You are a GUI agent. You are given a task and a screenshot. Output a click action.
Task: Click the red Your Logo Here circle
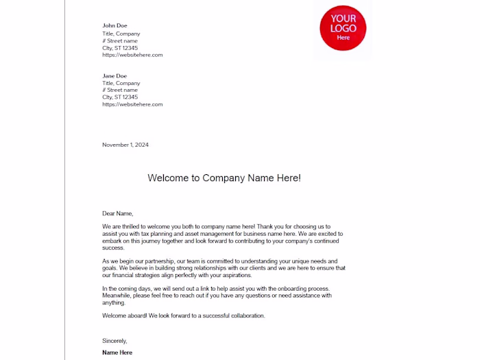[x=343, y=28]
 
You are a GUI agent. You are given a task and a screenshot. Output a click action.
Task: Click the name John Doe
[x=115, y=26]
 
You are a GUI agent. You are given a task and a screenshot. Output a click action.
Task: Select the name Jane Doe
[x=115, y=75]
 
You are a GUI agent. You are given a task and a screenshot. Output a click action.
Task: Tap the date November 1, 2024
[x=125, y=145]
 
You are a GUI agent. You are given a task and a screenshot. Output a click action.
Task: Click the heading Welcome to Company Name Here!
[x=224, y=178]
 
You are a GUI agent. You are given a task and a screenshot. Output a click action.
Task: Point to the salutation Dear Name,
[x=117, y=213]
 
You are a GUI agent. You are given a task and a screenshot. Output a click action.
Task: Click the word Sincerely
[x=115, y=341]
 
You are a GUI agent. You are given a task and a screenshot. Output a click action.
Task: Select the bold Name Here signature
[x=117, y=352]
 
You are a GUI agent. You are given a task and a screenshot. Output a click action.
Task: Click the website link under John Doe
[x=132, y=55]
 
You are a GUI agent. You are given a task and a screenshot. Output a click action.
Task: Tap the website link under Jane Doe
[x=132, y=104]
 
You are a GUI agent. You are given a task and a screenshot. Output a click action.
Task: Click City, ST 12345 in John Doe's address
[x=120, y=48]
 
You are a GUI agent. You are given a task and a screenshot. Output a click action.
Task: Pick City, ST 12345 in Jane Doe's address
[x=120, y=97]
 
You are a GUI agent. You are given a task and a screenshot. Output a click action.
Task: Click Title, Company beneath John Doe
[x=121, y=34]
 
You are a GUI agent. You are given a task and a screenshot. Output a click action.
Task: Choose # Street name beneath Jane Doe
[x=120, y=90]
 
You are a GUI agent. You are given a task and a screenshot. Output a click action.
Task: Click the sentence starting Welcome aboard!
[x=184, y=315]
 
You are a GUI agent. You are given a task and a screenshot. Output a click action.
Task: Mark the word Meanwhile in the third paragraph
[x=117, y=296]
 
